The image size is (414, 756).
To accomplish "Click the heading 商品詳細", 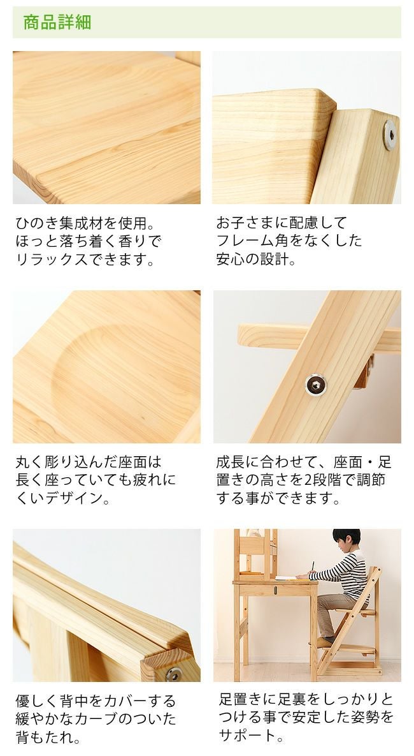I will coord(57,23).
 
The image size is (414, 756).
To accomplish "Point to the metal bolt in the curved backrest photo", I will coord(173,673).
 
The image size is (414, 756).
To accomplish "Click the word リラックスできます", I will coord(85,260).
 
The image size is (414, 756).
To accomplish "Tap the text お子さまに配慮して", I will coord(282,223).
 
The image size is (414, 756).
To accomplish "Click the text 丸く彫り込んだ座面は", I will coord(89,461).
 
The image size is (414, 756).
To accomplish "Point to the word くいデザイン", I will coord(62,498).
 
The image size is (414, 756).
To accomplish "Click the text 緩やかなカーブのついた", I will coord(96,720).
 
